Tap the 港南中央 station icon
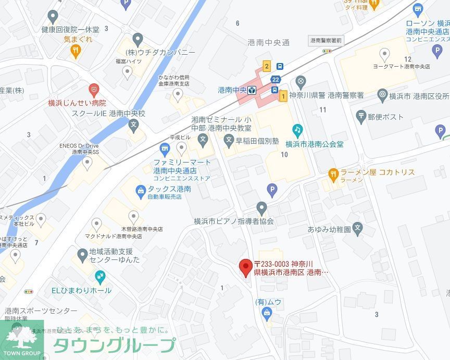coord(252,90)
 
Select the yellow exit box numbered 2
coord(267,66)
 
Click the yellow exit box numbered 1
coord(283,95)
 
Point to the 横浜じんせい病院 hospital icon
coord(94,90)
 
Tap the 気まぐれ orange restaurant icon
coord(76,51)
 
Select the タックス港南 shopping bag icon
coord(141,190)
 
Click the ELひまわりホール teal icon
coord(100,277)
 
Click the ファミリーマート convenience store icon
coord(166,151)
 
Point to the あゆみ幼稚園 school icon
coord(357,227)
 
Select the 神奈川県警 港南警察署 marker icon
coord(301,81)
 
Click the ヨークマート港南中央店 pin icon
coord(385,54)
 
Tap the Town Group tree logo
coord(22,337)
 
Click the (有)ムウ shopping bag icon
coord(267,313)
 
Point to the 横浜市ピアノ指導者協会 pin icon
coord(262,208)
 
